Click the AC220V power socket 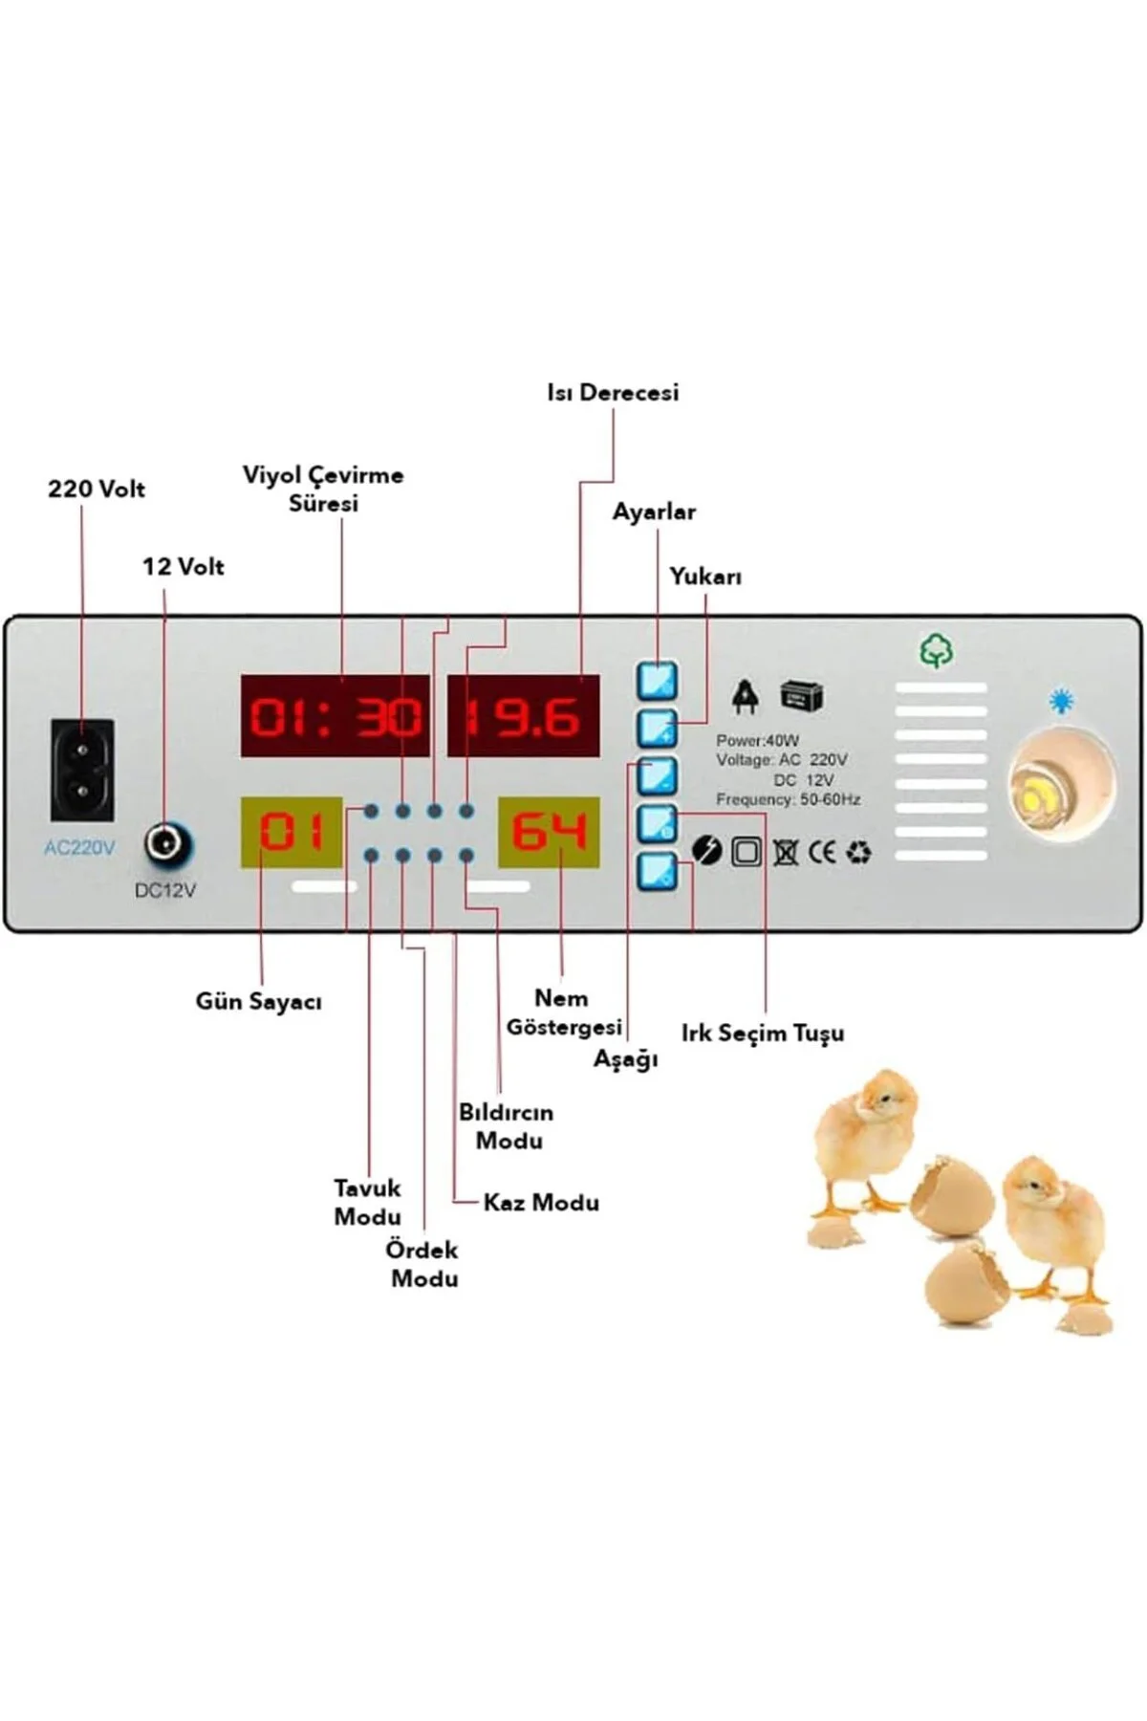tap(82, 770)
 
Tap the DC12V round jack tap(166, 844)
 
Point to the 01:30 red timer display tap(335, 715)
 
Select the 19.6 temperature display tap(524, 715)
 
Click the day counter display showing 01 tap(292, 832)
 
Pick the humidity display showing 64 tap(549, 832)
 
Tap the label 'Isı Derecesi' tap(613, 392)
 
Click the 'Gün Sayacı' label tap(258, 1001)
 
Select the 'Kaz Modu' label tap(541, 1202)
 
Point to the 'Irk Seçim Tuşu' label tap(763, 1033)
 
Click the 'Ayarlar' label tap(654, 512)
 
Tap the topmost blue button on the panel tap(658, 681)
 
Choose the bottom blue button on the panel tap(658, 871)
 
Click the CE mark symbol tap(822, 851)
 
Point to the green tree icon tap(937, 651)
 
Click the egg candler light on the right tap(1062, 787)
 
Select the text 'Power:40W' tap(757, 740)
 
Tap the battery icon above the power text tap(802, 696)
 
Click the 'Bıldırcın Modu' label tap(507, 1126)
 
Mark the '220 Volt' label tap(97, 489)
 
